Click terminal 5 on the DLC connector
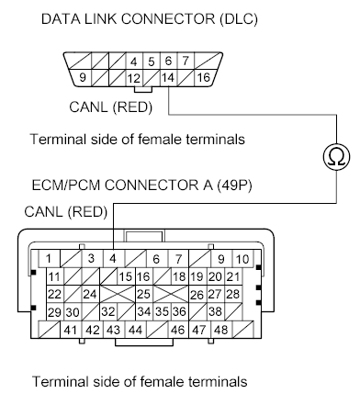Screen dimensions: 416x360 pos(152,62)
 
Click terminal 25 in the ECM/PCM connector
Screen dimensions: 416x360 pos(143,295)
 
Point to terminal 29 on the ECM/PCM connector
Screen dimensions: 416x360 pos(54,312)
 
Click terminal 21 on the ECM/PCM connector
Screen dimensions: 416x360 pos(232,276)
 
